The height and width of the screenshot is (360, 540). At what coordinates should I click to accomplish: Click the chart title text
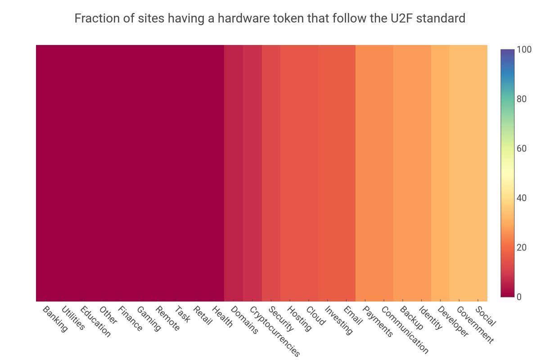[x=270, y=19]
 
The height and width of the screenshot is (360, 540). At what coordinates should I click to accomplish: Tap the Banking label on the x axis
[x=55, y=319]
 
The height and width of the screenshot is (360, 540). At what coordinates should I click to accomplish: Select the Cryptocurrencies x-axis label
[x=274, y=331]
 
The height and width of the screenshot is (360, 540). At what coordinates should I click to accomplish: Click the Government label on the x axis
[x=475, y=324]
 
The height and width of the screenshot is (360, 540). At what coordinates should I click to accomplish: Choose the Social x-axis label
[x=486, y=316]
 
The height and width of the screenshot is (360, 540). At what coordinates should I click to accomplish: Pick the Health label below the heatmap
[x=222, y=317]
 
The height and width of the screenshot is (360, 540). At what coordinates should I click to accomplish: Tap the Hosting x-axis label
[x=299, y=319]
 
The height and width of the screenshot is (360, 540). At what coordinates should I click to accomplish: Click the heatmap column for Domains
[x=234, y=173]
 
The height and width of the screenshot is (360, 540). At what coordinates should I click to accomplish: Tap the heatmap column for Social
[x=478, y=173]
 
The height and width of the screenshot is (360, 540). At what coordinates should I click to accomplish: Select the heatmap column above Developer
[x=440, y=173]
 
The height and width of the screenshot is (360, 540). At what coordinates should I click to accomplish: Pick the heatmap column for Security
[x=271, y=173]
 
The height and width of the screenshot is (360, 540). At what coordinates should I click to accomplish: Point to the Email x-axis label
[x=353, y=315]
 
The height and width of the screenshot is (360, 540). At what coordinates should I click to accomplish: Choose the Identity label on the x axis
[x=431, y=318]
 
